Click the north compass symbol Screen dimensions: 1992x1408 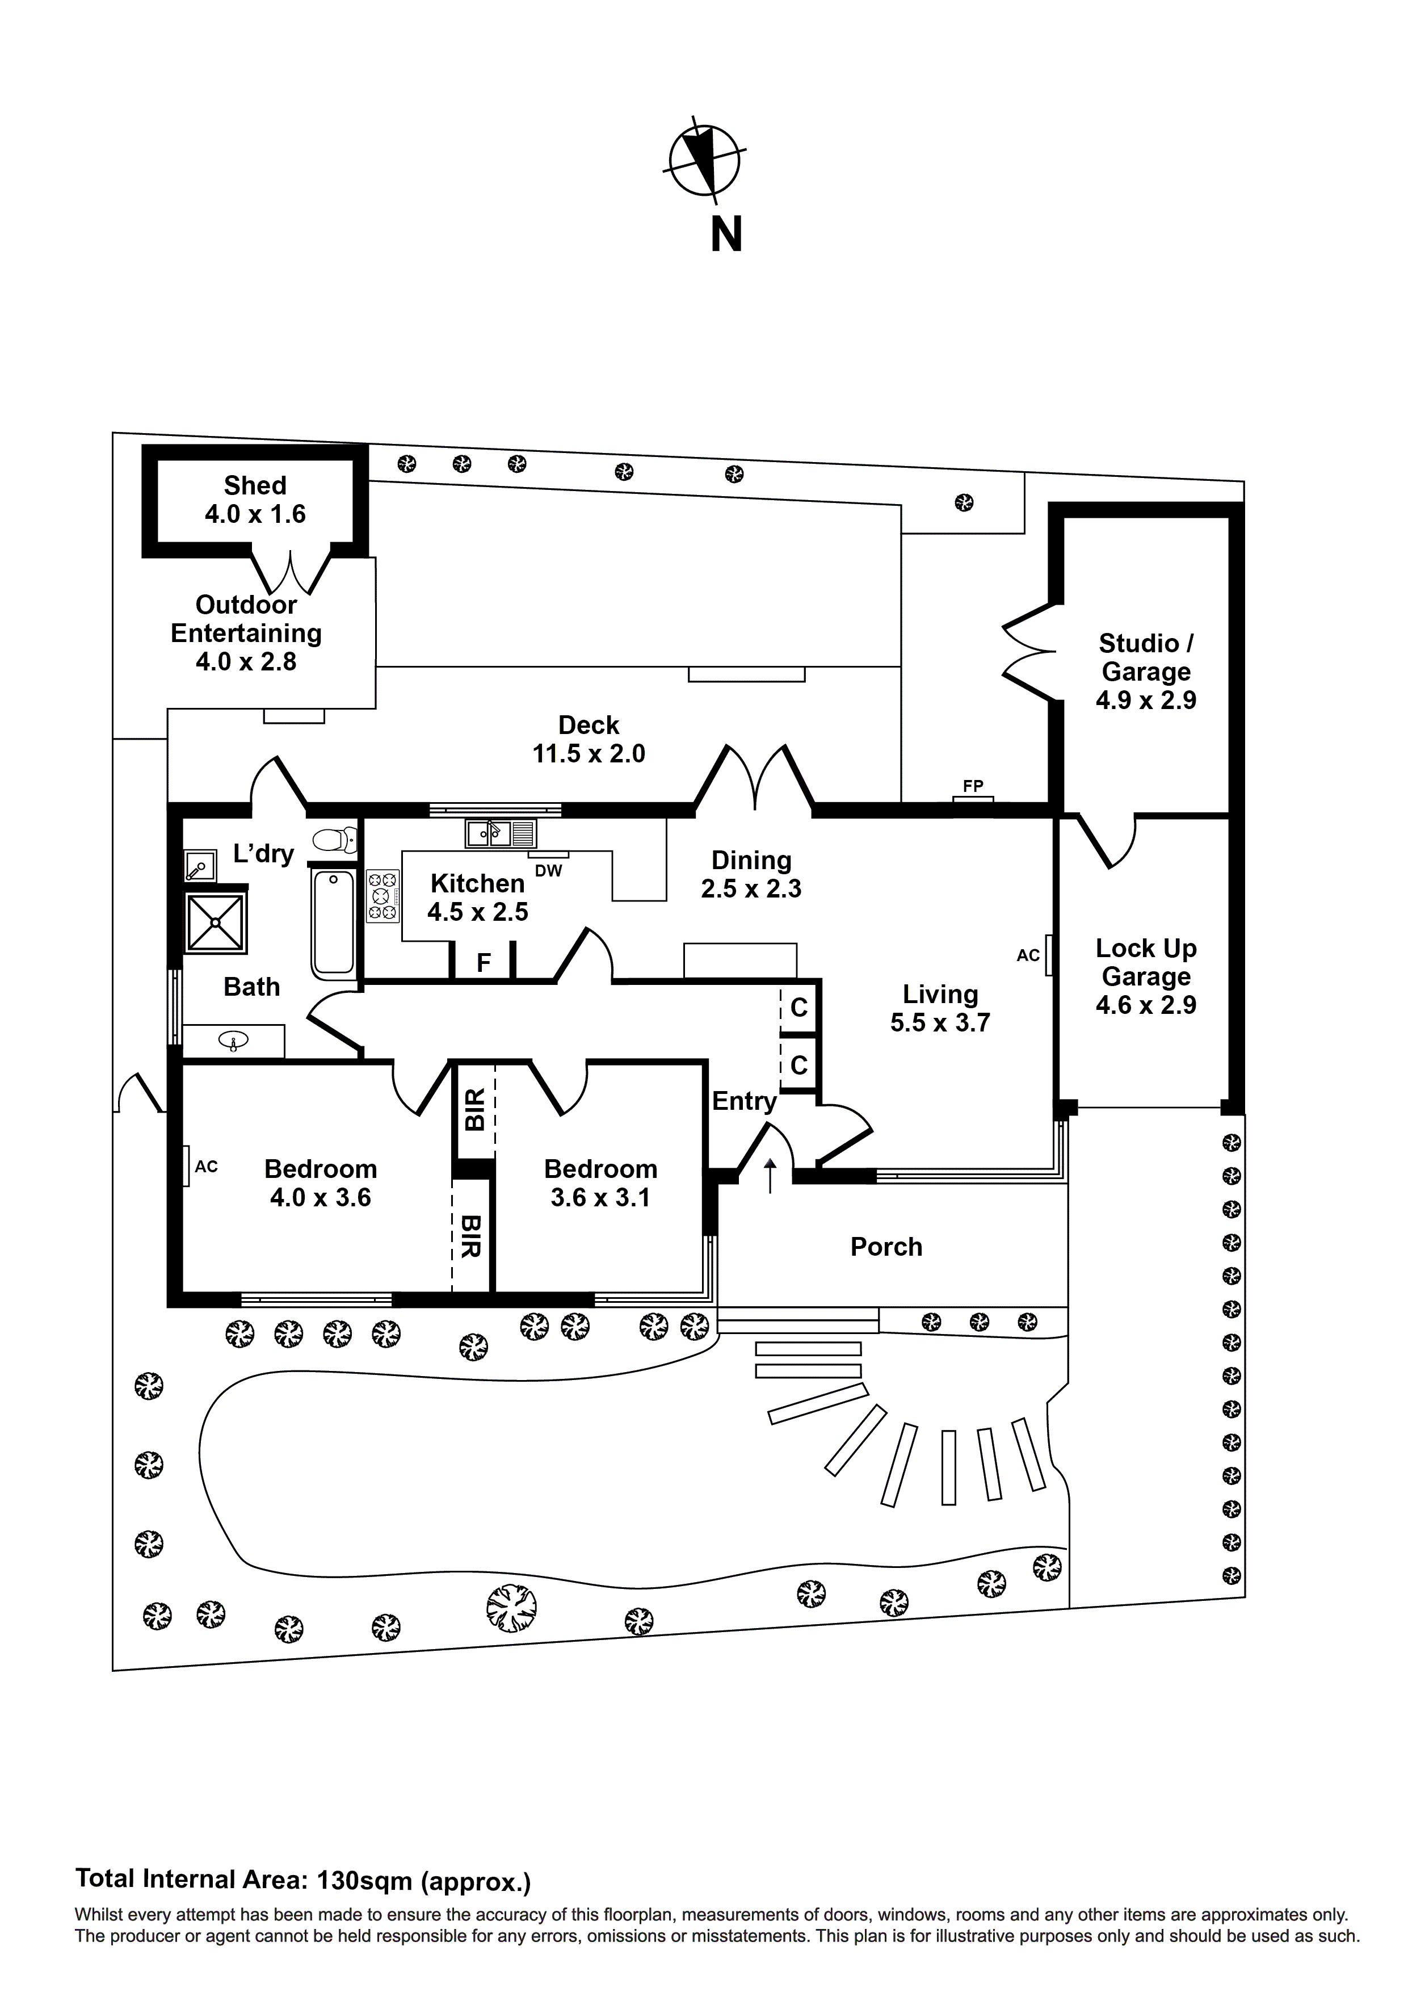point(704,161)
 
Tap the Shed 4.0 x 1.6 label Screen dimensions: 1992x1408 point(255,500)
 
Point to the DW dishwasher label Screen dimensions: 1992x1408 point(548,870)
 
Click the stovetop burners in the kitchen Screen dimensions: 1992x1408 point(383,895)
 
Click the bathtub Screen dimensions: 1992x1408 point(333,921)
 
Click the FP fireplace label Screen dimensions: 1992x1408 point(973,786)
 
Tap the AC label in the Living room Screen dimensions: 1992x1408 point(1028,955)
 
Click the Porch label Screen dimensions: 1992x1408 point(886,1247)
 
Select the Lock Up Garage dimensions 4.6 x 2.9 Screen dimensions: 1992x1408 point(1145,1005)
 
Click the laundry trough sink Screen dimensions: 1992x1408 point(200,865)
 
